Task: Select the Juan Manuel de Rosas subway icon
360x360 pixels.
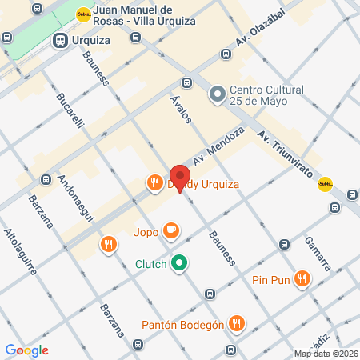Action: [x=84, y=14]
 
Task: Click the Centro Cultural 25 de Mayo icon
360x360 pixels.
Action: [x=217, y=95]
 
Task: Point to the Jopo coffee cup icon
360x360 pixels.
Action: [x=170, y=231]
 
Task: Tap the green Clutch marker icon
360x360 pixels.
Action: [x=180, y=263]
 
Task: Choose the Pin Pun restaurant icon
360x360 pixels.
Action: [x=302, y=279]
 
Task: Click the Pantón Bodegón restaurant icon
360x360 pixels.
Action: [x=236, y=324]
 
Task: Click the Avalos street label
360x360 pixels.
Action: [x=181, y=108]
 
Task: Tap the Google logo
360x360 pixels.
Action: [x=26, y=350]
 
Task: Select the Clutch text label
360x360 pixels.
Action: [x=150, y=263]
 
